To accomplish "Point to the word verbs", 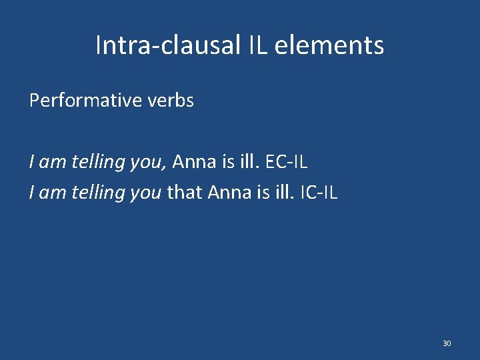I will point(170,101).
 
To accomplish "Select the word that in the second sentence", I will point(185,193).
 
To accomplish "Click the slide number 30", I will point(446,343).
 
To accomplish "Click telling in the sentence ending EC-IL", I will point(100,161).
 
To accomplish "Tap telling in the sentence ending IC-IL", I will point(100,193).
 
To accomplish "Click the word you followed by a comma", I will point(149,162).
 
